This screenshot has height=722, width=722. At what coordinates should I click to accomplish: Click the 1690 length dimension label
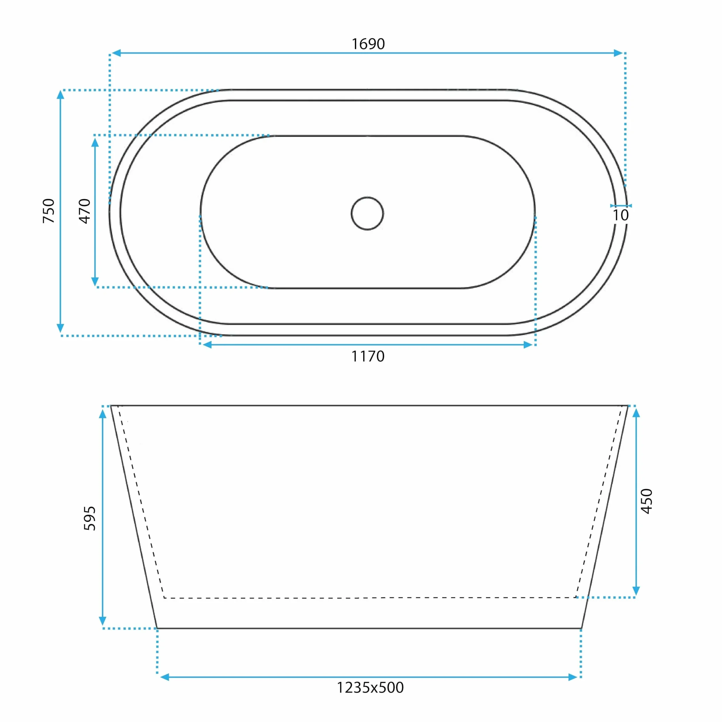click(x=368, y=44)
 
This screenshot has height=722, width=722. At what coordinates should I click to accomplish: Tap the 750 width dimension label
click(x=49, y=211)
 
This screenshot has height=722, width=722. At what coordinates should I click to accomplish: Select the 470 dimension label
click(x=85, y=211)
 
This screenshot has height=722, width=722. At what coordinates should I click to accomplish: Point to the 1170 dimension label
click(x=368, y=356)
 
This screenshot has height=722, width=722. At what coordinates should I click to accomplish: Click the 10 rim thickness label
click(x=620, y=215)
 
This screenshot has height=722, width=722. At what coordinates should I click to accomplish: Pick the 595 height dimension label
click(x=90, y=518)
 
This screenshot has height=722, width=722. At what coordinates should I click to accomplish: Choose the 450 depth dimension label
click(x=647, y=501)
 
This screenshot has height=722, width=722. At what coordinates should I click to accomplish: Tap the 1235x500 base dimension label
click(x=370, y=687)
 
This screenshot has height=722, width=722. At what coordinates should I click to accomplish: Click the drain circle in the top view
click(x=367, y=197)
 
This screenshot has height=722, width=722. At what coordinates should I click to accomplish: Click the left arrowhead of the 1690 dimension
click(x=116, y=53)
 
